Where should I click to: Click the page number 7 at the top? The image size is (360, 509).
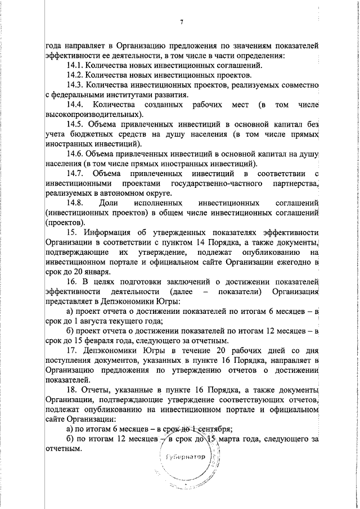coord(182,22)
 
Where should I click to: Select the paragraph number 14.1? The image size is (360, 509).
coord(75,65)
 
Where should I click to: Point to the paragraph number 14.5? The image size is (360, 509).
coord(75,124)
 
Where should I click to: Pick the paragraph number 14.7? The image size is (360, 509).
coord(75,173)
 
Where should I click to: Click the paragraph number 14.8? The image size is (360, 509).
coord(75,202)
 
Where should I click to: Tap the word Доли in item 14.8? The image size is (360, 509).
coord(107,202)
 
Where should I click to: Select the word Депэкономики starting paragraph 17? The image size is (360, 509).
coord(111,351)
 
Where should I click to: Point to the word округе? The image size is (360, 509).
coord(159,193)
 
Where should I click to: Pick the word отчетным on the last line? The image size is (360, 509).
coord(64,449)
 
